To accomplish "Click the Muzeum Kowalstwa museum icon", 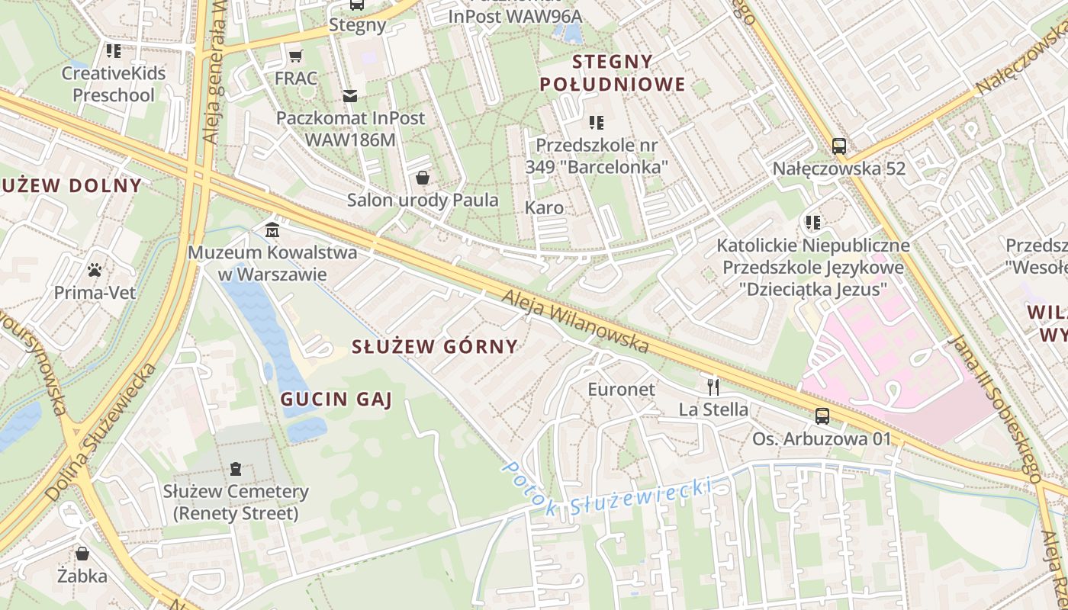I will pyautogui.click(x=272, y=230).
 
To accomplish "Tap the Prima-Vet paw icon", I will pyautogui.click(x=95, y=270).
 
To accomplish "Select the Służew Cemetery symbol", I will pyautogui.click(x=235, y=469).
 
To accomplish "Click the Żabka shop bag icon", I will pyautogui.click(x=82, y=553).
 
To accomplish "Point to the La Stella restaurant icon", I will pyautogui.click(x=713, y=387).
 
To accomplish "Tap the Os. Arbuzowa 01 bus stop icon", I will pyautogui.click(x=822, y=416).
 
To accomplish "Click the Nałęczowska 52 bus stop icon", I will pyautogui.click(x=838, y=146).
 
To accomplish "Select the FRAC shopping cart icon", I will pyautogui.click(x=296, y=56).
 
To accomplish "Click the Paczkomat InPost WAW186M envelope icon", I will pyautogui.click(x=350, y=95).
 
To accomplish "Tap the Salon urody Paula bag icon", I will pyautogui.click(x=422, y=178).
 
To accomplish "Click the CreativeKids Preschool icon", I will pyautogui.click(x=114, y=51).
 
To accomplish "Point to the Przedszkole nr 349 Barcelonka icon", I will pyautogui.click(x=597, y=122).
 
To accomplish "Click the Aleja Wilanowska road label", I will pyautogui.click(x=576, y=319).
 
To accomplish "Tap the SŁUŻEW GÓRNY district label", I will pyautogui.click(x=434, y=346).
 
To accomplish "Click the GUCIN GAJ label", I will pyautogui.click(x=336, y=398).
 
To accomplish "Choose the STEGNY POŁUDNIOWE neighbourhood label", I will pyautogui.click(x=613, y=72).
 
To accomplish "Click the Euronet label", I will pyautogui.click(x=621, y=389).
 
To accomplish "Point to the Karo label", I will pyautogui.click(x=545, y=207).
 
